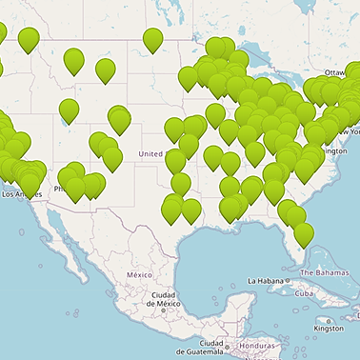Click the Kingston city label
click(329, 329)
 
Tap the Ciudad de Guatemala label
click(211, 348)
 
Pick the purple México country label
click(139, 274)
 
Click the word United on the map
click(150, 153)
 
